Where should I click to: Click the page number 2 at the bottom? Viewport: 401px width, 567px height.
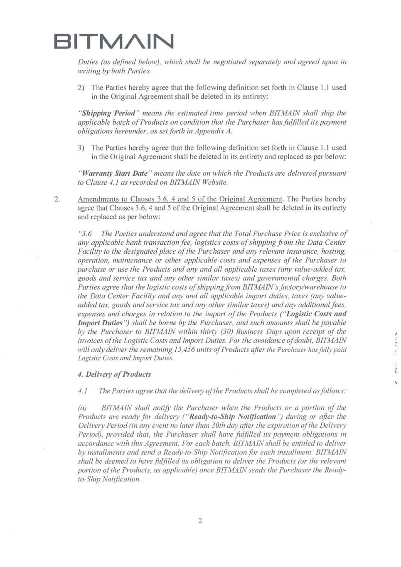click(200, 521)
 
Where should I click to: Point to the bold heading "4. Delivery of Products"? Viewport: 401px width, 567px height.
click(114, 374)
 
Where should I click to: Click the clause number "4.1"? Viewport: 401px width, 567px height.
click(83, 391)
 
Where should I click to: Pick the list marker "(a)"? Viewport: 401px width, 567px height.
click(84, 408)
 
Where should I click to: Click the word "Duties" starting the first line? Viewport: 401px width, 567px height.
click(88, 62)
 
